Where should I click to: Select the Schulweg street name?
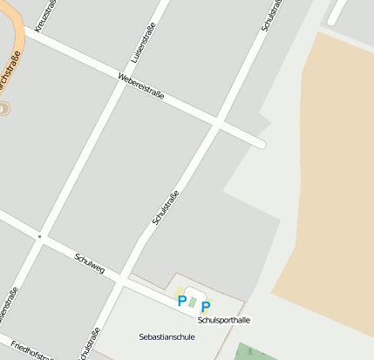click(x=90, y=263)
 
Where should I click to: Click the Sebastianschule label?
click(x=167, y=336)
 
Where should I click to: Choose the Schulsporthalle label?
click(x=224, y=320)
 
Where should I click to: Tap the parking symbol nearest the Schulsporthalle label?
click(x=206, y=307)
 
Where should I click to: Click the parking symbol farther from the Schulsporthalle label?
click(x=182, y=302)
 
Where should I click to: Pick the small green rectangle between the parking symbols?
click(x=193, y=303)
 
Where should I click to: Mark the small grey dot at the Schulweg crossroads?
click(x=39, y=236)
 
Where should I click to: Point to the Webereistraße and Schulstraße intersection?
click(x=218, y=122)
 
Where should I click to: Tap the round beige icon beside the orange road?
click(x=3, y=109)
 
